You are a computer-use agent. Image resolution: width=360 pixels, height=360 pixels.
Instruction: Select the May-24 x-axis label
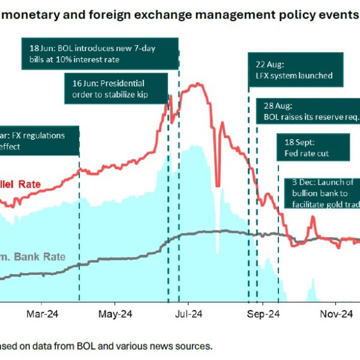click(x=115, y=313)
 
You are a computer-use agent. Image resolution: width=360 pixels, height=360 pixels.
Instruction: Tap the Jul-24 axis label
click(x=190, y=313)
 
